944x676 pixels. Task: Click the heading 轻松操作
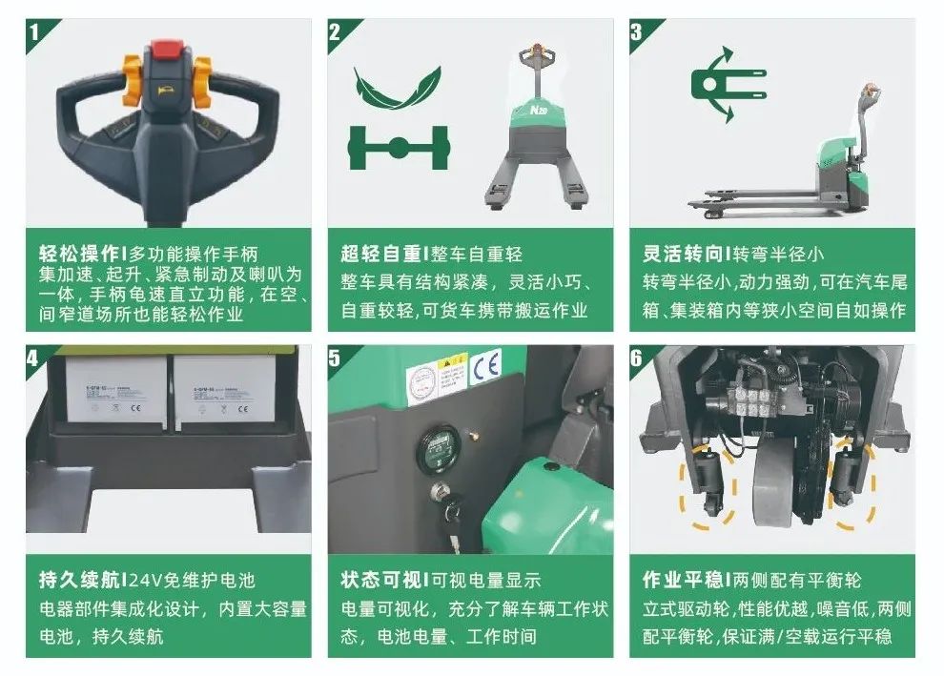click(x=80, y=254)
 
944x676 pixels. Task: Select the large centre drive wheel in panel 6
click(x=774, y=490)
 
